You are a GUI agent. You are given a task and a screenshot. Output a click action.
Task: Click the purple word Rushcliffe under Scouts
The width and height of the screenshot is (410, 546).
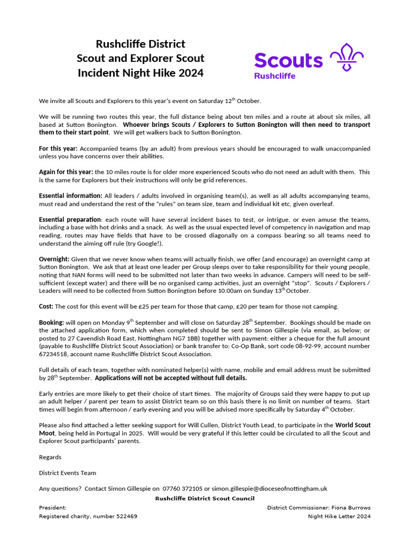[x=274, y=76]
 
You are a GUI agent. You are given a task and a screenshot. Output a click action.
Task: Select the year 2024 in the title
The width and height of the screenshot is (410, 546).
[x=191, y=73]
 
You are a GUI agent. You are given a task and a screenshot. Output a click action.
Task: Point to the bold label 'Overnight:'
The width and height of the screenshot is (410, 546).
[x=54, y=259]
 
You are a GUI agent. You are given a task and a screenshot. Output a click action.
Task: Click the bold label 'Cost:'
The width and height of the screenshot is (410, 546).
[x=46, y=306]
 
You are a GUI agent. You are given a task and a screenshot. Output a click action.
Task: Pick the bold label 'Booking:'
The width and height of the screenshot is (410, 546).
[x=51, y=323]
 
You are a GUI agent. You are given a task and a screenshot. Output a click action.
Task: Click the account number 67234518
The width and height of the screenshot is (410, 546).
[x=56, y=354]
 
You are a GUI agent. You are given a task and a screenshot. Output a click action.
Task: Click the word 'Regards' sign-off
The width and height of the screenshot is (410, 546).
[x=50, y=457]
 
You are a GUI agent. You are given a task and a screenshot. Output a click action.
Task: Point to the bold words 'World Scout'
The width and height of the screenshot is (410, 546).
[x=352, y=425]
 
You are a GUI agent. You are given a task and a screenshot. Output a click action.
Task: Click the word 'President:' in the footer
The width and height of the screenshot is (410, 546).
[x=53, y=508]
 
